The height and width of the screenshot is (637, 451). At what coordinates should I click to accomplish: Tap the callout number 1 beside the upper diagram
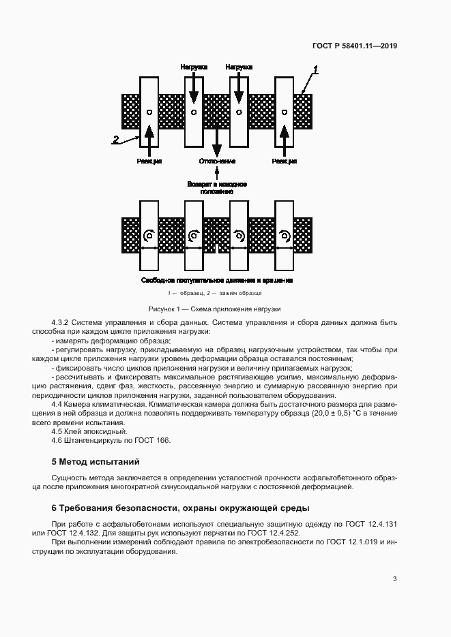tap(316, 69)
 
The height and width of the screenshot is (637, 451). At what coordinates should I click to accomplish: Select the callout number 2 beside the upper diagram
tap(116, 140)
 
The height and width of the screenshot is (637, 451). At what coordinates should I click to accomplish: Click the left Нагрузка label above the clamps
tap(194, 67)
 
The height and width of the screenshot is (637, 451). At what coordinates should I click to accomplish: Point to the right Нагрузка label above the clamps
tap(239, 67)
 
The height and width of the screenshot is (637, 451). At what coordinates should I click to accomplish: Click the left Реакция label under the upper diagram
tap(149, 161)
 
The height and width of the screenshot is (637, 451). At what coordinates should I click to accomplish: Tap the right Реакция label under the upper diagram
tap(284, 161)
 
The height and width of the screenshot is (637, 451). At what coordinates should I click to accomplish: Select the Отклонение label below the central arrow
tap(217, 161)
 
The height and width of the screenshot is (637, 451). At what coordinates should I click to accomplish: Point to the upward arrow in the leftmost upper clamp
tap(149, 136)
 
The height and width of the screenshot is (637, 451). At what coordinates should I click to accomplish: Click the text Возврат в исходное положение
tap(217, 188)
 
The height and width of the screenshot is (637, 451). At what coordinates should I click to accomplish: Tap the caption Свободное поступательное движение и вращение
tap(217, 280)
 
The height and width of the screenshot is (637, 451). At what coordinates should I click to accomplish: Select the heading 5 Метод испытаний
tap(96, 462)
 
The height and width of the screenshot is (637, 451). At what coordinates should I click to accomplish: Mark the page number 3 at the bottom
tap(394, 580)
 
